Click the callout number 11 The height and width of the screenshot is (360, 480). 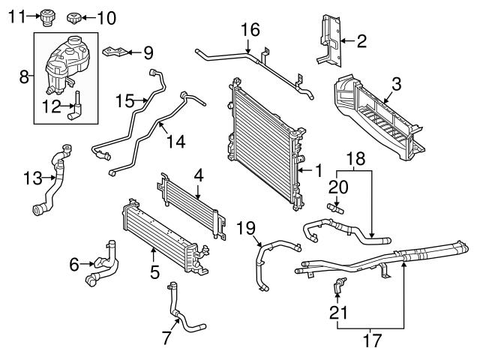point(16,15)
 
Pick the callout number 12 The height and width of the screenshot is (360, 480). point(52,106)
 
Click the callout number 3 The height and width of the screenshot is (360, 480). point(397,82)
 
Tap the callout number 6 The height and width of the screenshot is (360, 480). point(74,263)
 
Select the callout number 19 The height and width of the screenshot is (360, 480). point(247,226)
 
